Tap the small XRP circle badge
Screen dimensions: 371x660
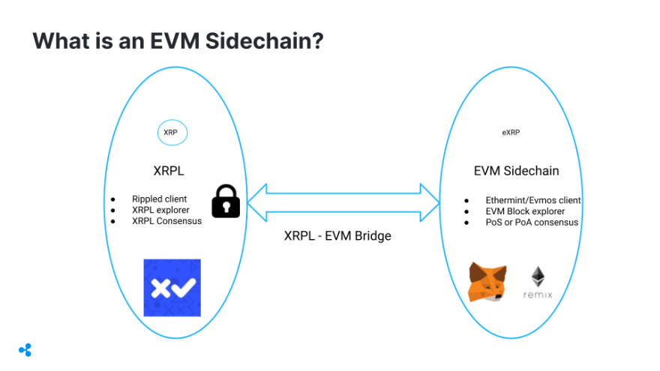tap(172, 133)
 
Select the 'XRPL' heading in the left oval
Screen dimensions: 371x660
tap(169, 171)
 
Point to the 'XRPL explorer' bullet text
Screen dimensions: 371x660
tap(161, 211)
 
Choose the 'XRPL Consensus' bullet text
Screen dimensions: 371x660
tap(166, 221)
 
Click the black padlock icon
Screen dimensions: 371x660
tap(226, 200)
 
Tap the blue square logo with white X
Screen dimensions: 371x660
tap(172, 287)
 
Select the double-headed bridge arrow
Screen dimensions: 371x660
tap(343, 201)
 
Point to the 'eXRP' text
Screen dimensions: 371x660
tap(511, 133)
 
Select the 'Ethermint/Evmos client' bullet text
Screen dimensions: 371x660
tap(533, 201)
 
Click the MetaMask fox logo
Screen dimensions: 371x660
tap(487, 283)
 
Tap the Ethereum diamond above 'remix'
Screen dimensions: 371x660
tap(538, 275)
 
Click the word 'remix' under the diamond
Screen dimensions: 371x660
tap(538, 295)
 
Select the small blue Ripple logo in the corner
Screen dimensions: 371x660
tap(25, 349)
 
